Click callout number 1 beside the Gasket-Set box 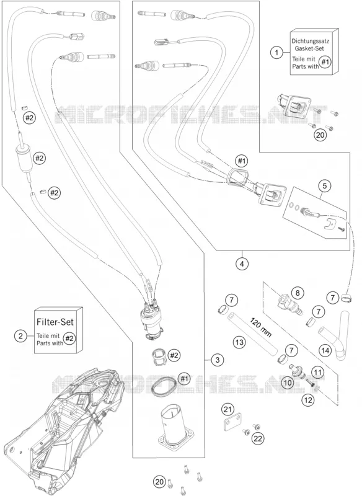[x=276, y=52]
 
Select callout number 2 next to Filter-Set [x=21, y=335]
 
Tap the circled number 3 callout [x=217, y=360]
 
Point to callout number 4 [x=242, y=263]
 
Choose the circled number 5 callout [x=325, y=186]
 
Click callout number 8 [x=297, y=293]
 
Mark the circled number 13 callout [x=239, y=342]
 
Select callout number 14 [x=325, y=350]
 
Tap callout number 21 [x=226, y=410]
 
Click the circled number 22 [x=258, y=439]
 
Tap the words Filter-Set [x=55, y=322]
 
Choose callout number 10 [x=288, y=383]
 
